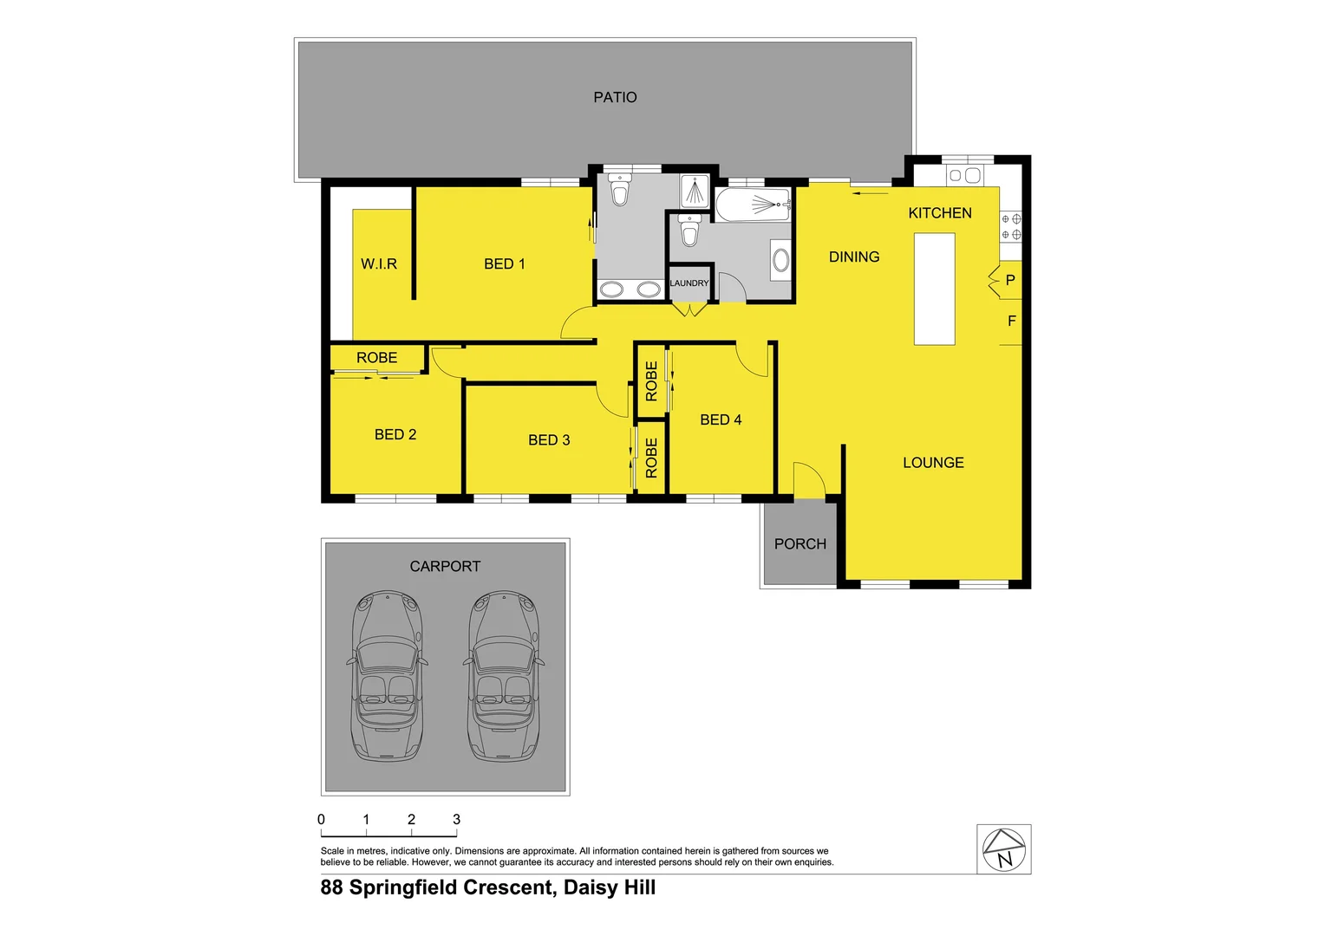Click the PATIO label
[615, 97]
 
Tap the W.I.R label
[379, 263]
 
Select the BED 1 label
[504, 263]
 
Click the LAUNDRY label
[689, 283]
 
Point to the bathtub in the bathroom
[753, 205]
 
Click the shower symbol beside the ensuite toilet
[695, 191]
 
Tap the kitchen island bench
[934, 289]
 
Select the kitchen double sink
[963, 175]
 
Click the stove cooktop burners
[1011, 227]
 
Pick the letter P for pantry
[1010, 281]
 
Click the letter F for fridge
[1011, 321]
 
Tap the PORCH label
[800, 543]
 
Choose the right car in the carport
[504, 676]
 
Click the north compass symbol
[1004, 849]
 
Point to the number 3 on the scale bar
[456, 819]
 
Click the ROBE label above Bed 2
[376, 357]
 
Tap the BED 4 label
[721, 419]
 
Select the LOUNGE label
[933, 463]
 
